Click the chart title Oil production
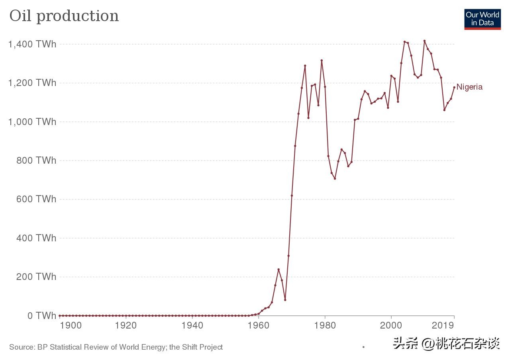click(64, 16)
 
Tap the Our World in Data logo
click(482, 19)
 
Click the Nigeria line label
click(469, 87)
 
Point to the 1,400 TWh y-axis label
click(32, 44)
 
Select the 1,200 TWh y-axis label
click(32, 83)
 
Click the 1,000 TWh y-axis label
click(32, 122)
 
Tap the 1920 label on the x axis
click(126, 325)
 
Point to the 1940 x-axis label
click(192, 325)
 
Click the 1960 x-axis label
click(259, 325)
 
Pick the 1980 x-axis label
click(325, 325)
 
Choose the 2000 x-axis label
click(391, 325)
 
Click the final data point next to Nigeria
click(454, 87)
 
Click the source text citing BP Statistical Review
click(116, 347)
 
